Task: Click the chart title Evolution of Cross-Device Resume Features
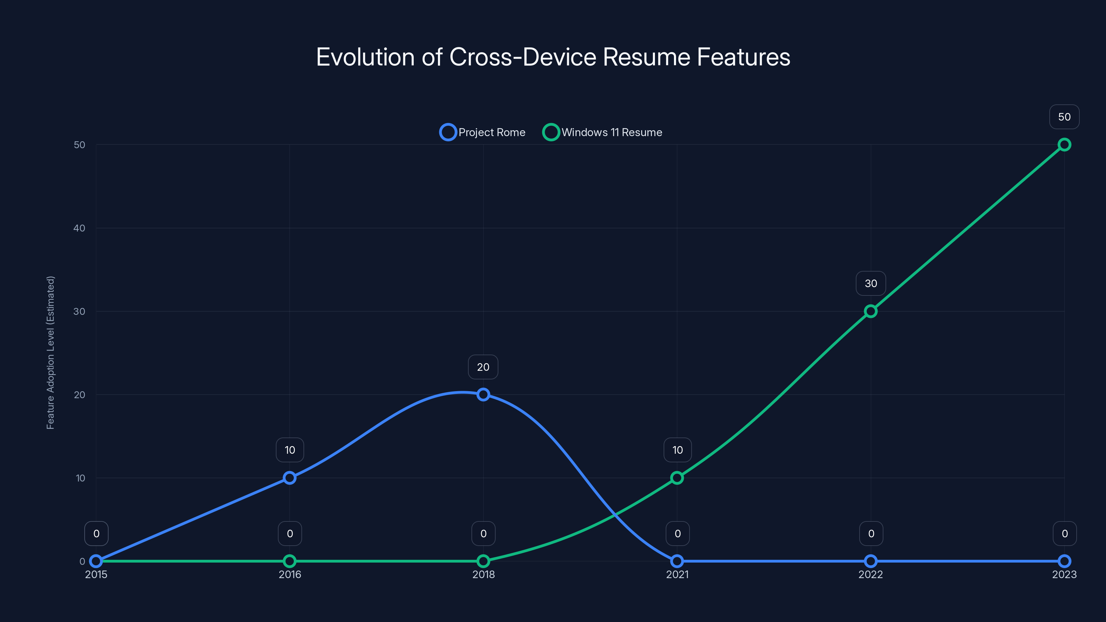click(x=553, y=57)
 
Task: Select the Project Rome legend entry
click(x=482, y=132)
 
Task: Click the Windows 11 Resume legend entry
click(x=602, y=132)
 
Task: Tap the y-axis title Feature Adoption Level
click(x=51, y=352)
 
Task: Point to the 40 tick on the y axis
click(x=79, y=228)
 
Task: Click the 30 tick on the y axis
click(x=79, y=311)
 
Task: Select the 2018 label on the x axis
click(x=484, y=574)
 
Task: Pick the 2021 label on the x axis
click(x=677, y=574)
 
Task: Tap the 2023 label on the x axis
click(x=1064, y=574)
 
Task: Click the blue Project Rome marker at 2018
click(x=484, y=395)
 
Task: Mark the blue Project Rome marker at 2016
click(x=290, y=478)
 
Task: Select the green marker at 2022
click(x=871, y=311)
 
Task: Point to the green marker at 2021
click(x=677, y=478)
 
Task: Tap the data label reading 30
click(x=871, y=283)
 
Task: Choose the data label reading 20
click(x=483, y=367)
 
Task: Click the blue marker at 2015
click(x=96, y=561)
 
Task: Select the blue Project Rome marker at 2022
click(x=871, y=561)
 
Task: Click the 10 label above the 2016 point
click(x=290, y=450)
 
